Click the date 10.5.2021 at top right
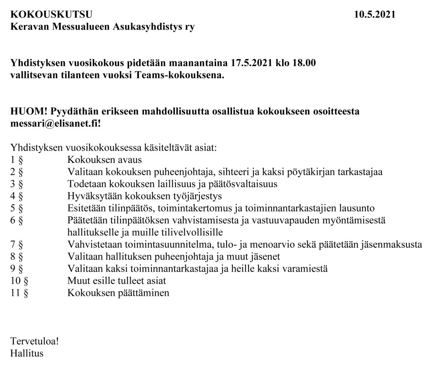click(375, 15)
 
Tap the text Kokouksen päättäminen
click(118, 293)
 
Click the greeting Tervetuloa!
click(35, 341)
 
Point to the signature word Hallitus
click(27, 353)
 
